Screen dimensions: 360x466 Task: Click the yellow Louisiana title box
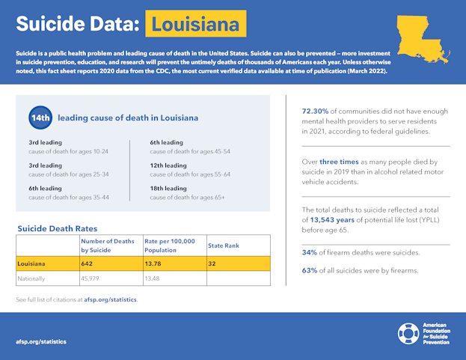[x=195, y=24]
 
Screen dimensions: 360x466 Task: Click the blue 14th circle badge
[x=40, y=118]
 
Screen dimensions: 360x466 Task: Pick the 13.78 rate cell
[x=154, y=263]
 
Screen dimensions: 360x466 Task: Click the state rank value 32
[x=212, y=263]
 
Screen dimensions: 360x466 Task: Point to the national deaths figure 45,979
[x=93, y=278]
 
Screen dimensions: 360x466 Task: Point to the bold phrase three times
[x=340, y=161]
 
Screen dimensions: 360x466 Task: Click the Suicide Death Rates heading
[x=57, y=228]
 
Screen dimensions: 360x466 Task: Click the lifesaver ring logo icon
[x=408, y=333]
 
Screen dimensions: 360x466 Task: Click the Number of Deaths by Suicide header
[x=108, y=245]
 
